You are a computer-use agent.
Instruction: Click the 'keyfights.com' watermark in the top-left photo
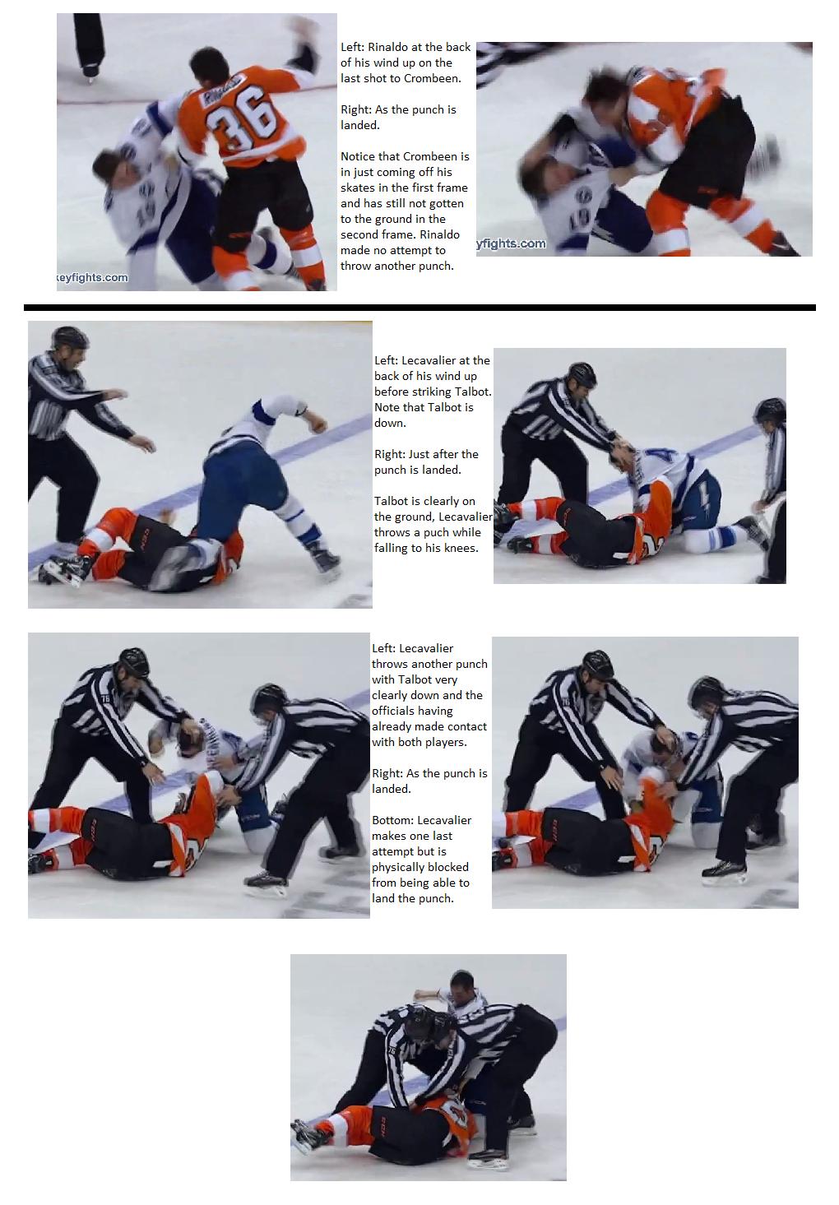pos(92,277)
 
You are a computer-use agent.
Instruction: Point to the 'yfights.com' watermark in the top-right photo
pos(511,243)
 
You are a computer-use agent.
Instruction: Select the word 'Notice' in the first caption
pos(358,156)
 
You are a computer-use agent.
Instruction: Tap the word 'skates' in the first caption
pos(357,188)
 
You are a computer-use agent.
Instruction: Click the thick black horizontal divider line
pos(419,308)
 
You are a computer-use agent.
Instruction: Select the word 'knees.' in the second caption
pos(461,548)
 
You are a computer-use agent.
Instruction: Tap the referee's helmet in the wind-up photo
pos(69,336)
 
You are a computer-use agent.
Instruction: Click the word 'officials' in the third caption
pos(397,711)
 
